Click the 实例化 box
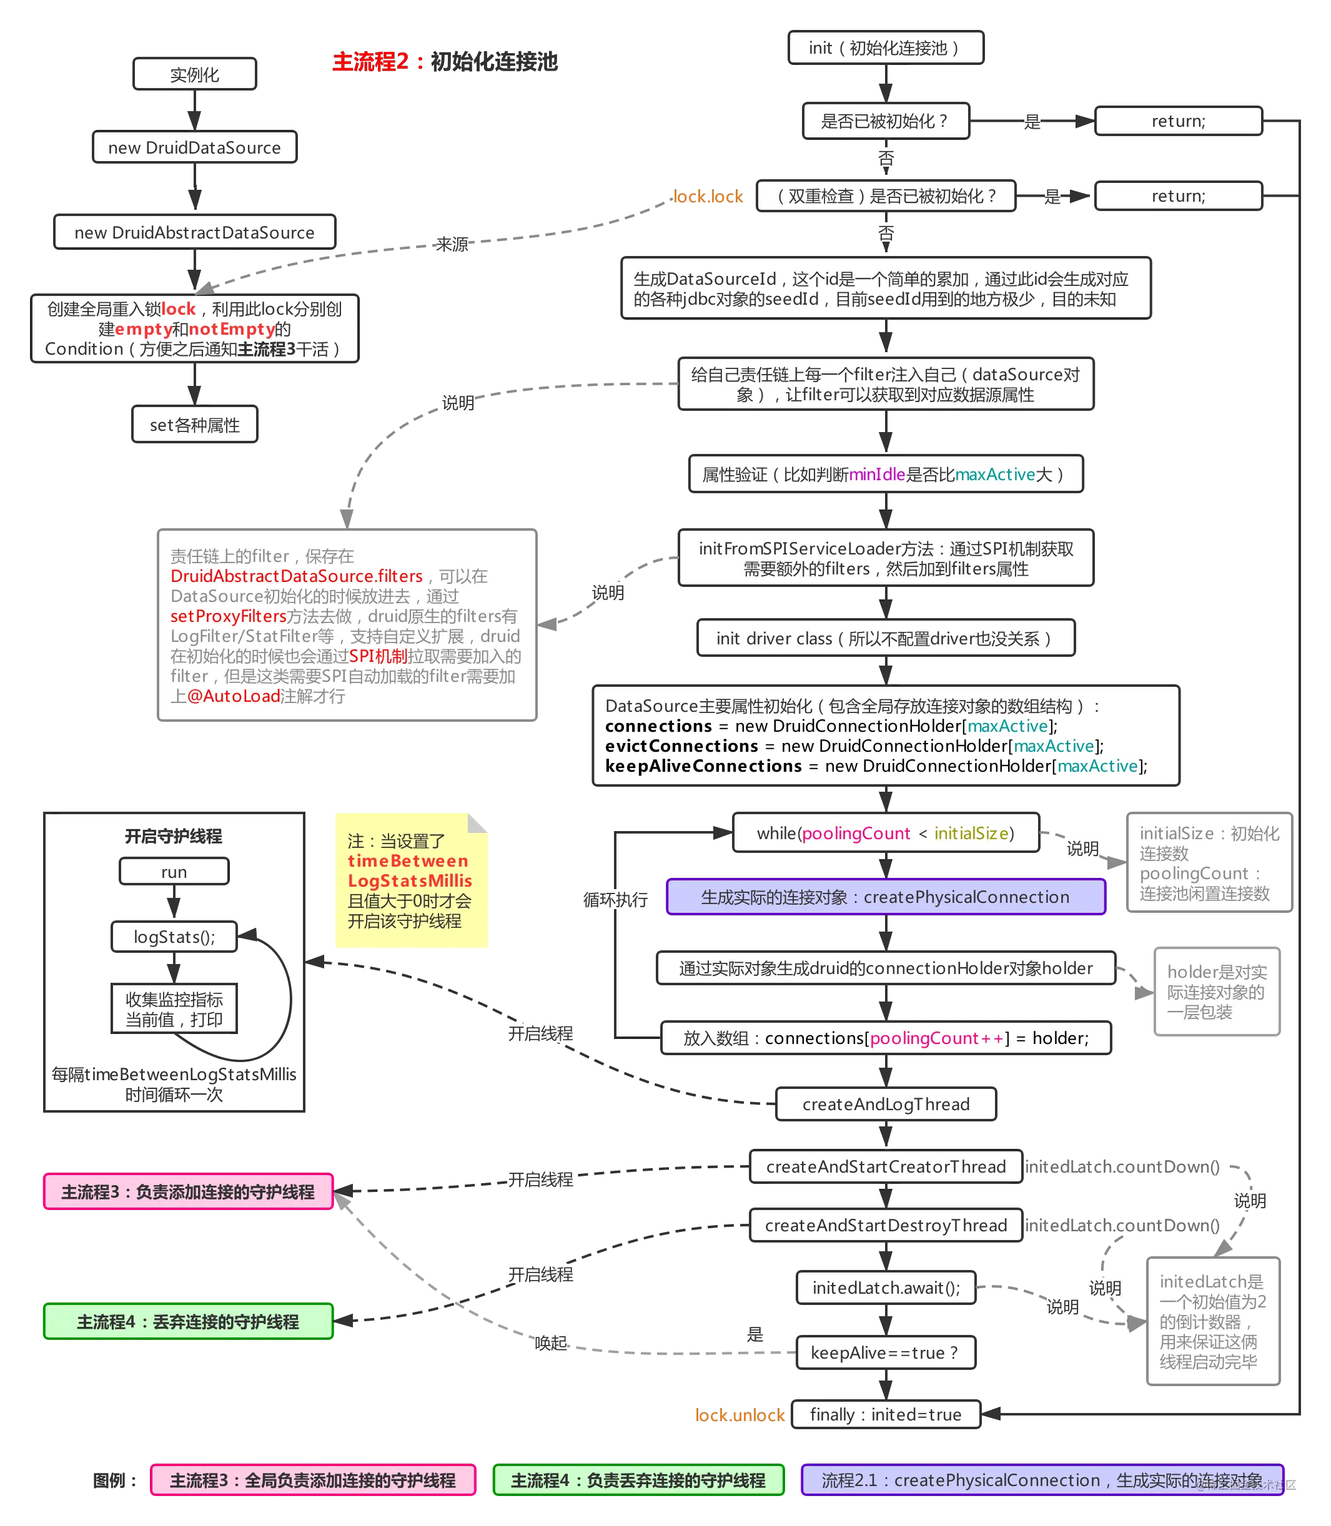[x=195, y=74]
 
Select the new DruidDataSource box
[x=195, y=147]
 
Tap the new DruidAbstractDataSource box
[x=195, y=232]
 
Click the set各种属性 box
[x=195, y=425]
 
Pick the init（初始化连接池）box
[x=885, y=47]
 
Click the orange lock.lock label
[x=707, y=196]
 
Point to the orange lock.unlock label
[x=739, y=1415]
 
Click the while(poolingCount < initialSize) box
[x=885, y=833]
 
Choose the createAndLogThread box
[x=885, y=1104]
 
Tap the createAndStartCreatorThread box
[x=885, y=1166]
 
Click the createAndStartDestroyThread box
[x=885, y=1225]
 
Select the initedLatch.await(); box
[x=885, y=1287]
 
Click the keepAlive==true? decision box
[x=885, y=1352]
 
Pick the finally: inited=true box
[x=885, y=1415]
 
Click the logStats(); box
[x=174, y=937]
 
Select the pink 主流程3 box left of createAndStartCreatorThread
[x=188, y=1192]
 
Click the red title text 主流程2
[x=370, y=62]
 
